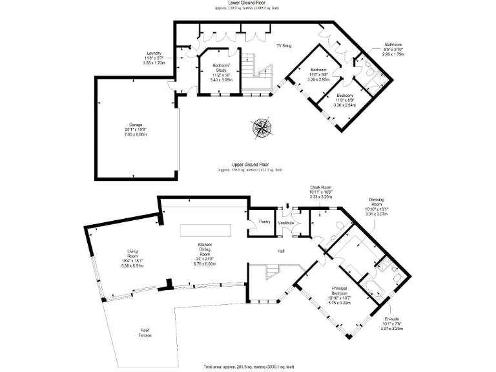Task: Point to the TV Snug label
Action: pyautogui.click(x=284, y=46)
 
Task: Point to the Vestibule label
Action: pyautogui.click(x=285, y=223)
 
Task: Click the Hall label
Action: pyautogui.click(x=282, y=250)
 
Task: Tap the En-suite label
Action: pyautogui.click(x=392, y=324)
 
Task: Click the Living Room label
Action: pyautogui.click(x=133, y=258)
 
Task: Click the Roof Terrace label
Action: pyautogui.click(x=145, y=334)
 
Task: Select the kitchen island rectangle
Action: pyautogui.click(x=205, y=231)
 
